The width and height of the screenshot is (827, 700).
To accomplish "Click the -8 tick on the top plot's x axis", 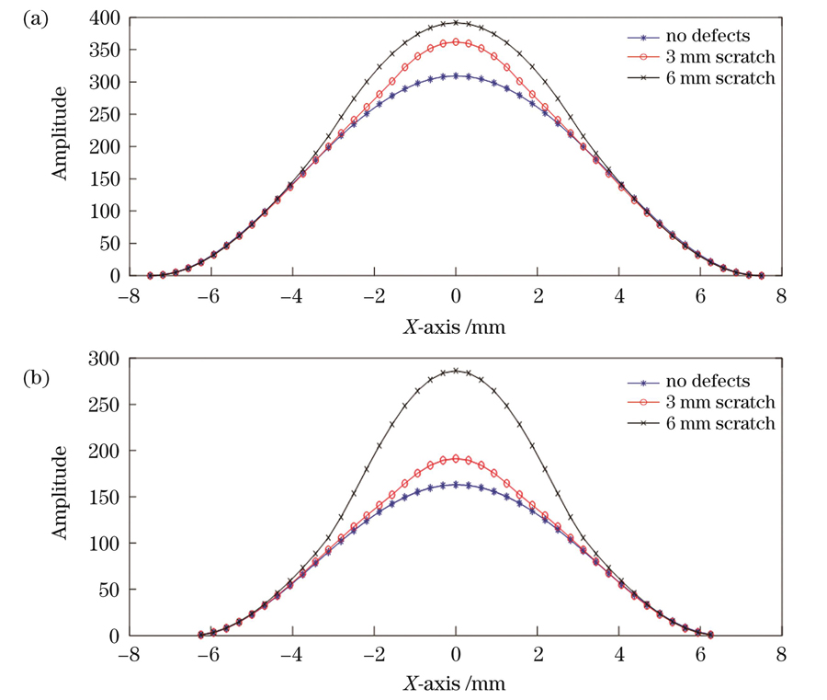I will point(128,297).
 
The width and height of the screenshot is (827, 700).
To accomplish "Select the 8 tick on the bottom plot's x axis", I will point(779,658).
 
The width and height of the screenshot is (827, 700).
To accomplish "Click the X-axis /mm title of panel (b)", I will point(455,684).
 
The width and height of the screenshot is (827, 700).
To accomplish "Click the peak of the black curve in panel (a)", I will point(456,23).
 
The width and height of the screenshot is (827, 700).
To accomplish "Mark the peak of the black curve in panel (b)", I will point(456,371).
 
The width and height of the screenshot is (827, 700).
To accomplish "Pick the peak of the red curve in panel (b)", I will point(456,458).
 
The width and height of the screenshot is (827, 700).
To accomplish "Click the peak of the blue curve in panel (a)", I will point(456,76).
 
